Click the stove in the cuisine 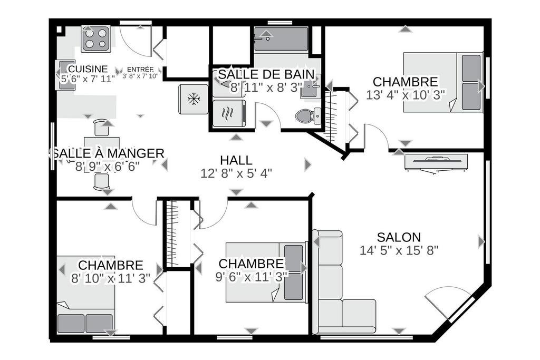pos(96,38)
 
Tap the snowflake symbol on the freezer pos(194,99)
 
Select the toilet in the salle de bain pos(308,115)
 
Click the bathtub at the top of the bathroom pos(281,39)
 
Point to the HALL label pos(236,160)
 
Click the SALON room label pos(399,237)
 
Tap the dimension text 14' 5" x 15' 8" pos(399,250)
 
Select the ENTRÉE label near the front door pos(140,69)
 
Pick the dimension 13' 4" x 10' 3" pos(406,95)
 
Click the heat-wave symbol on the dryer pos(228,113)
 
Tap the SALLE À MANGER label pos(108,153)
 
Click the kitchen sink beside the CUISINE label pos(65,75)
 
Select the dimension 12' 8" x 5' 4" pos(236,173)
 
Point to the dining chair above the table pos(102,128)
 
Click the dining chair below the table pos(102,181)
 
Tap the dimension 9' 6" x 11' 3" pos(252,277)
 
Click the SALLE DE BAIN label pos(266,74)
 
